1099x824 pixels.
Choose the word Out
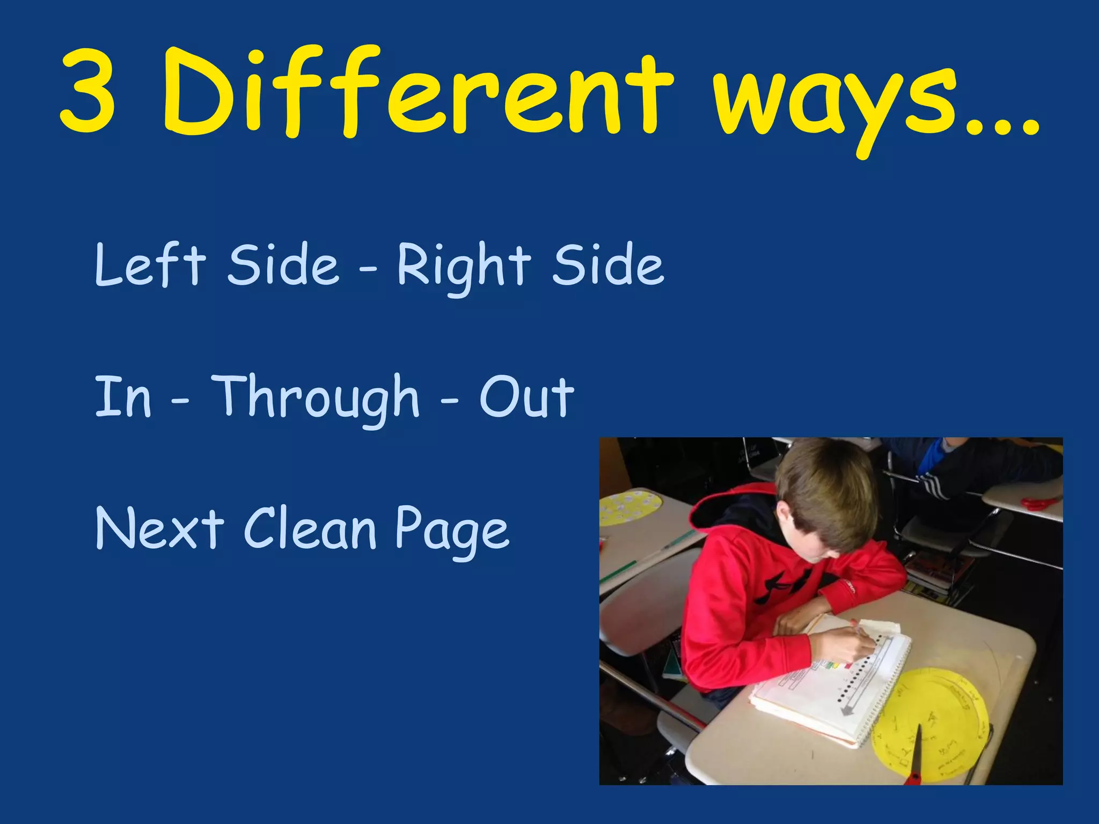(526, 397)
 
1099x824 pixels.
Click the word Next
(159, 528)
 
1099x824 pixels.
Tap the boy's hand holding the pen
(837, 646)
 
